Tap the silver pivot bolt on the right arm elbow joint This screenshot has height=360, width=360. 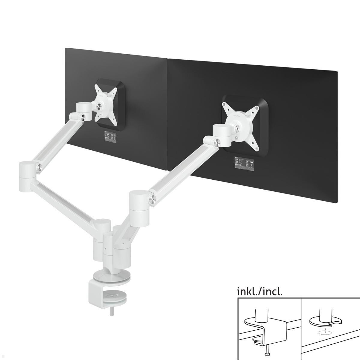[152, 198]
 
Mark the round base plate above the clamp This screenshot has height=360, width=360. [103, 276]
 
